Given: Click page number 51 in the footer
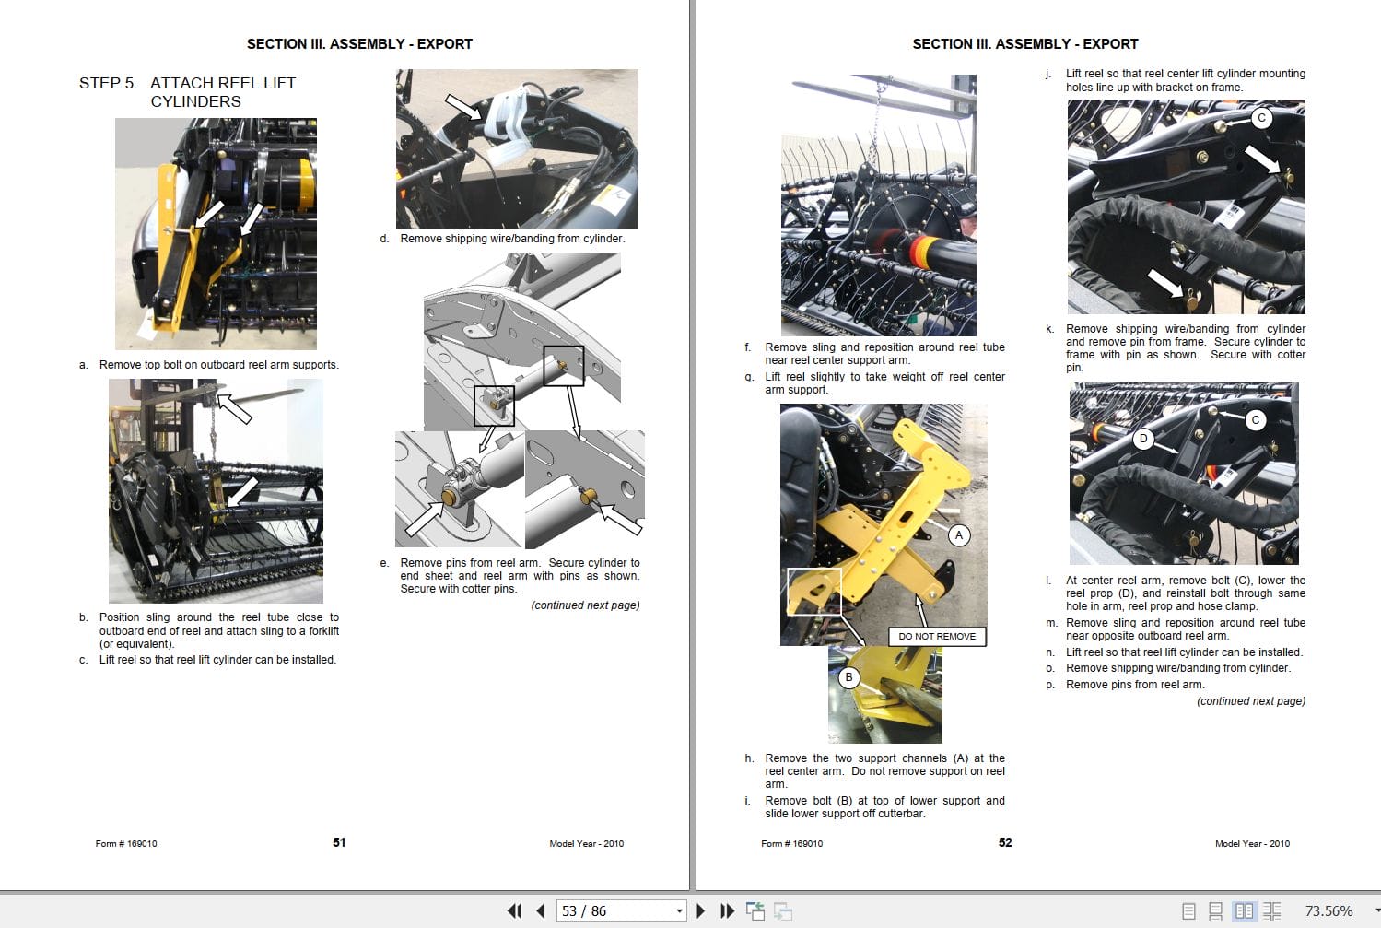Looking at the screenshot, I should [x=339, y=842].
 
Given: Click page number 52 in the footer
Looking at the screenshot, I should [x=1005, y=842].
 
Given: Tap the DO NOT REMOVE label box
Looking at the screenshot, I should [x=936, y=636].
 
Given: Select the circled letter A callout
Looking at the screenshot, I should [x=959, y=535].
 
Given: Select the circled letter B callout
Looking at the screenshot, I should [x=849, y=677].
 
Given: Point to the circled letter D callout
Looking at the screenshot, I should [x=1143, y=439].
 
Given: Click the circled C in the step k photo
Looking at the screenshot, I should [x=1261, y=118].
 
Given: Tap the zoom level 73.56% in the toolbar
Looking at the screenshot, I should [x=1328, y=910].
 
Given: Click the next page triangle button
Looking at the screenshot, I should [x=701, y=910].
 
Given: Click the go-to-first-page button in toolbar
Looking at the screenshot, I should [x=514, y=910].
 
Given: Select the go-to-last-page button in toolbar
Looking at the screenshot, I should [x=727, y=910].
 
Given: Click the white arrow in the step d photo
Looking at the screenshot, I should [x=463, y=106].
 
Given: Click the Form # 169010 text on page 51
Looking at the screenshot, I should [x=126, y=843].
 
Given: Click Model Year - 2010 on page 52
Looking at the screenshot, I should [x=1252, y=843].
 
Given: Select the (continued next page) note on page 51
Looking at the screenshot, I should [x=585, y=605].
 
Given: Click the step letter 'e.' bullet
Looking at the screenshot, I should [x=384, y=563].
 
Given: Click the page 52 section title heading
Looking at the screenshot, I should [x=1024, y=44].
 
